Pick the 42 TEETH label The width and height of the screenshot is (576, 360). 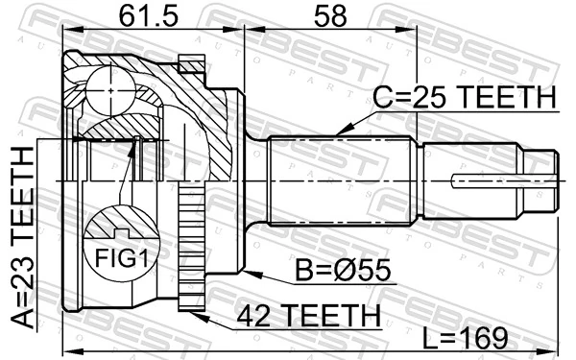(298, 315)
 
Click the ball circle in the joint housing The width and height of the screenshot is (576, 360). (112, 92)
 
